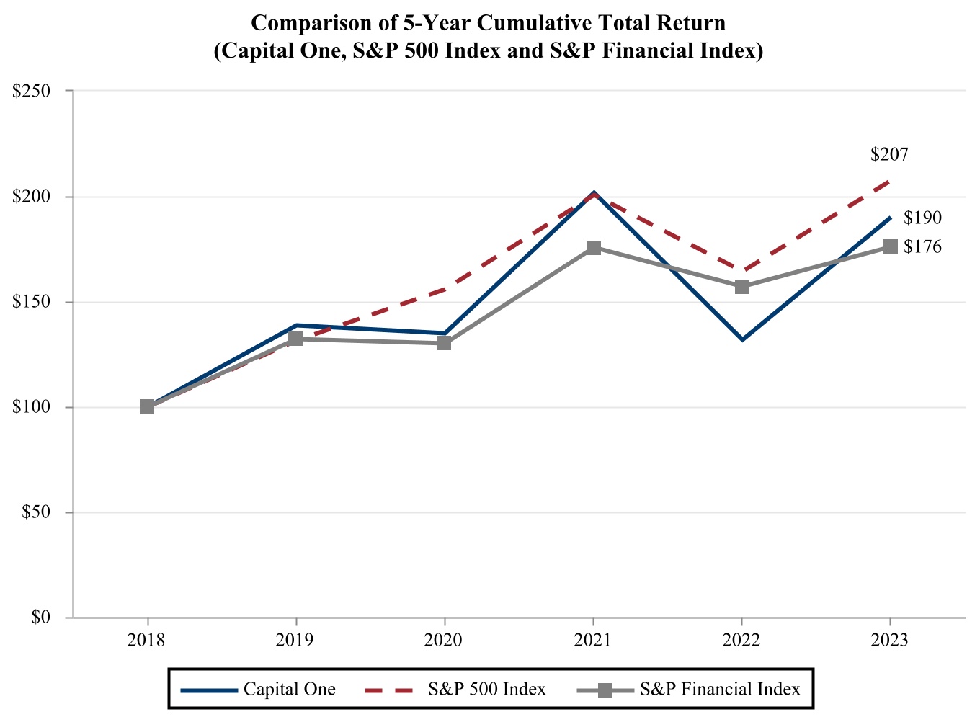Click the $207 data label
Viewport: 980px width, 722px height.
tap(889, 154)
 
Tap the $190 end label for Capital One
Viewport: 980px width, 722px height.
tap(922, 218)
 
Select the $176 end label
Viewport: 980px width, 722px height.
tap(922, 247)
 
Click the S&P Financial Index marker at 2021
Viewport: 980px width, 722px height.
tap(593, 248)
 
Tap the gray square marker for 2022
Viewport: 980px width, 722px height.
tap(741, 287)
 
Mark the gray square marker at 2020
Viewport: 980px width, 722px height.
tap(444, 343)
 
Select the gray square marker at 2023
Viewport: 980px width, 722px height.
tap(890, 246)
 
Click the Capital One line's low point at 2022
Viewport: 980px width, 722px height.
tap(741, 339)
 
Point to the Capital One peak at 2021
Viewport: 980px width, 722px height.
tap(593, 193)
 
